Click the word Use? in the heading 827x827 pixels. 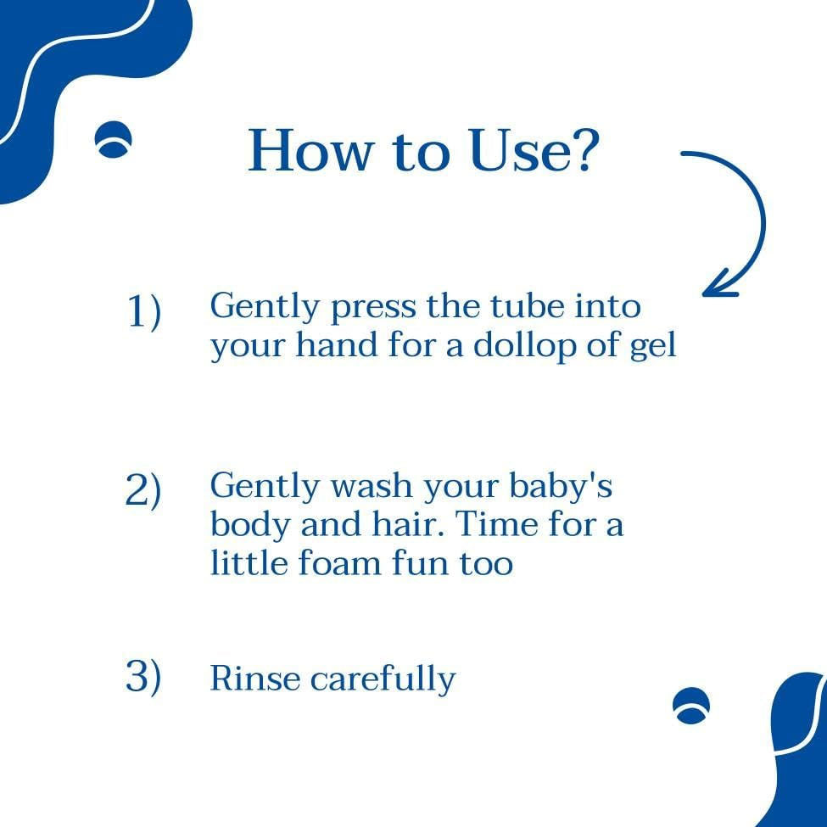pos(534,150)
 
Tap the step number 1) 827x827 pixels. pos(143,312)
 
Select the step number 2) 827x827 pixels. pos(143,491)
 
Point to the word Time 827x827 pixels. pos(496,524)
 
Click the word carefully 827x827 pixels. pos(383,679)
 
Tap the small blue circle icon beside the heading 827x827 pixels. pos(113,139)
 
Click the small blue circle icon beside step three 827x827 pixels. pos(691,706)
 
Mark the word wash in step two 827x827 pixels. pos(371,486)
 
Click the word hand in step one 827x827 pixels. pos(337,345)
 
